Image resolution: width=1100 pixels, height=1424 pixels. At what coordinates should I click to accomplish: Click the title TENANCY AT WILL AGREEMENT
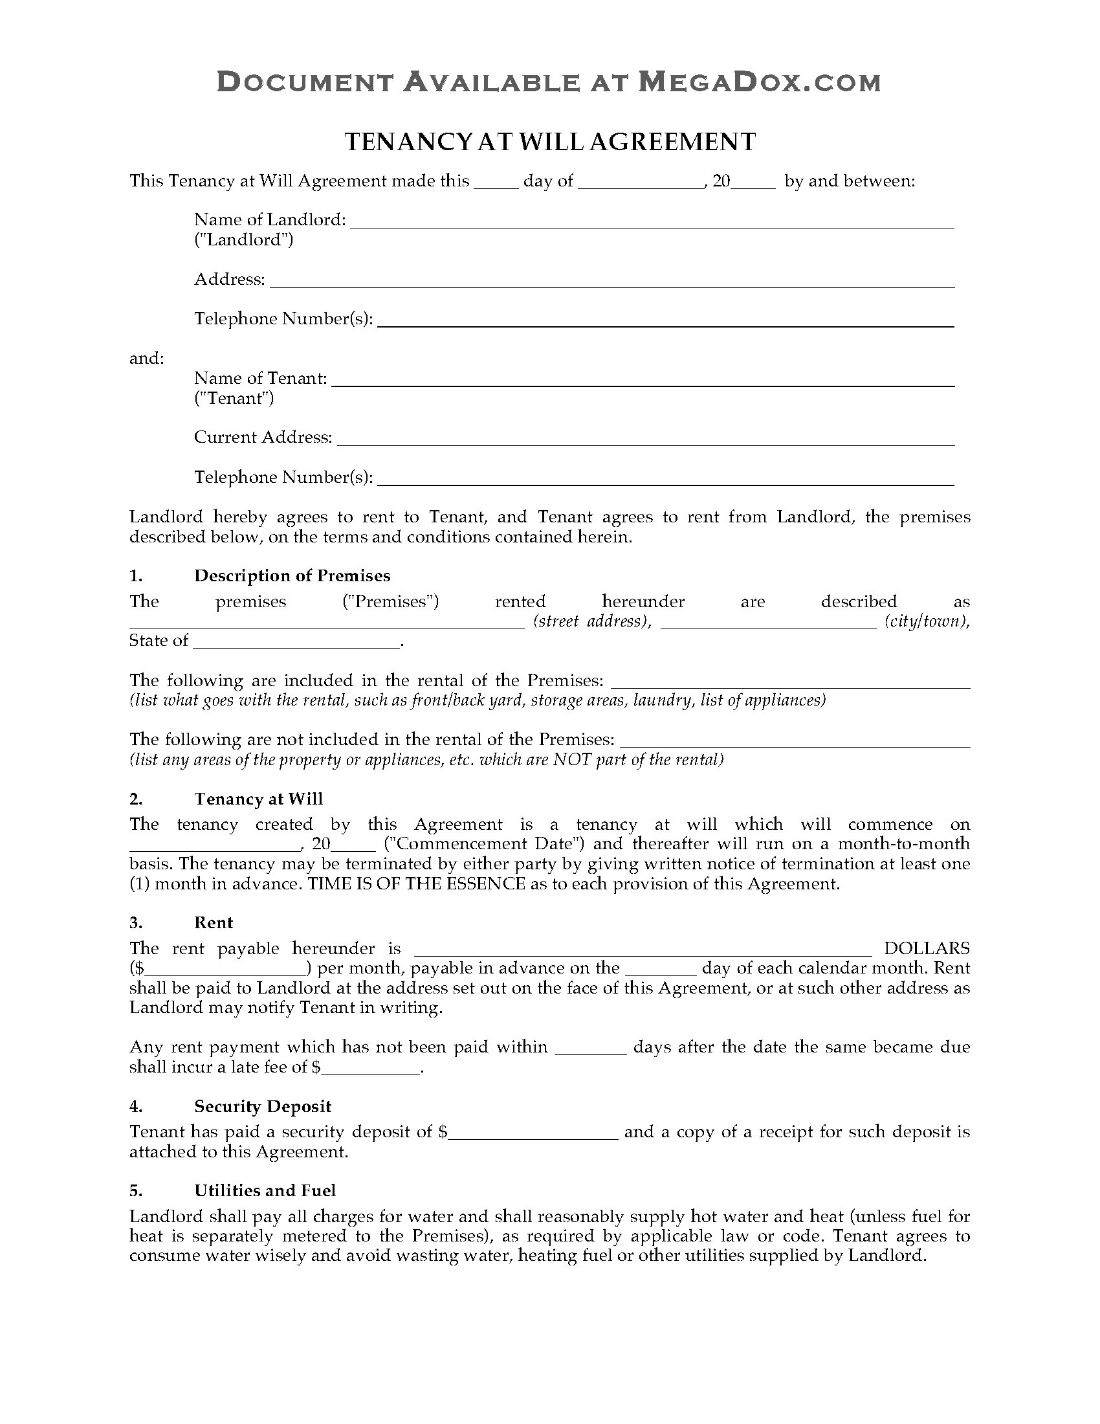click(549, 142)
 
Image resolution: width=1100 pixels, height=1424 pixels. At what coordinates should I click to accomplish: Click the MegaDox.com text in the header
click(758, 83)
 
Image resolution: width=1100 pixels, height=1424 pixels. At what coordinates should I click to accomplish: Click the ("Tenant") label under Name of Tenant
click(234, 398)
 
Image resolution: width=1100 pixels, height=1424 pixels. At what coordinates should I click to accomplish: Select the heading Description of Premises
click(292, 575)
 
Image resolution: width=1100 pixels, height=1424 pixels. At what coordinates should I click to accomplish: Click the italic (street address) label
click(591, 621)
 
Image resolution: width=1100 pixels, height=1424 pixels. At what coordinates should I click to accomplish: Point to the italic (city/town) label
click(927, 621)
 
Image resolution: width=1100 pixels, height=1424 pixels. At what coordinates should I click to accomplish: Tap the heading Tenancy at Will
click(258, 799)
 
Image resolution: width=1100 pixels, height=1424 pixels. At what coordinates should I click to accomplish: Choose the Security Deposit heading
click(263, 1106)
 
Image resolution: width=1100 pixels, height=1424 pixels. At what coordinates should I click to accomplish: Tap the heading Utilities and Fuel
click(265, 1190)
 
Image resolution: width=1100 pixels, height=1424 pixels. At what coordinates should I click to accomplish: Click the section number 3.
click(135, 922)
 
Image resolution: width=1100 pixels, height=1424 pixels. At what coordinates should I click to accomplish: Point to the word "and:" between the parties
click(147, 358)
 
